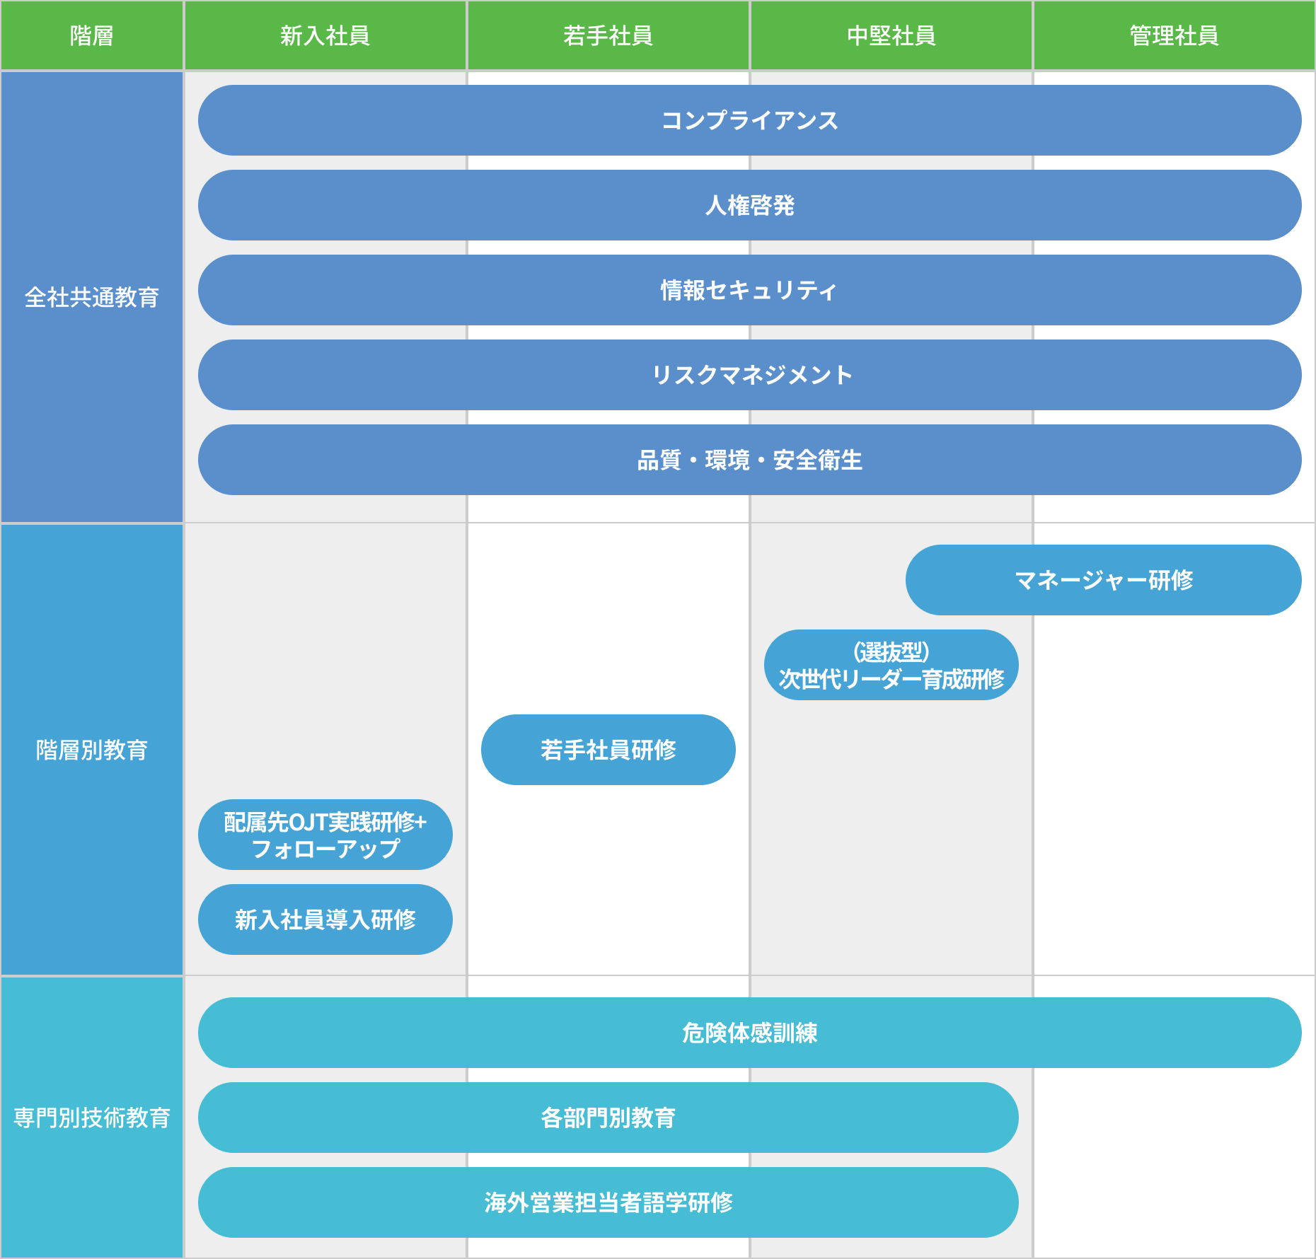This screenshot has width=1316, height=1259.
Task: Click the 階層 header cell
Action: [x=92, y=35]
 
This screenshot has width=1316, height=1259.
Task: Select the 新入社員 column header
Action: [x=325, y=35]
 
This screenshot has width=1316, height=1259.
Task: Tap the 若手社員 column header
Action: [x=608, y=35]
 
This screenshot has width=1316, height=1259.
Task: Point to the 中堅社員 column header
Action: [x=891, y=35]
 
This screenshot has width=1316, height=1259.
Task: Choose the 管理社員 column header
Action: [x=1174, y=35]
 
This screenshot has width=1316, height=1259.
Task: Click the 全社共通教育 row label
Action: [x=92, y=297]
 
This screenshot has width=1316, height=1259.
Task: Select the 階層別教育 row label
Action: [x=92, y=750]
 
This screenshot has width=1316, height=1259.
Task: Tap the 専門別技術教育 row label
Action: [x=92, y=1118]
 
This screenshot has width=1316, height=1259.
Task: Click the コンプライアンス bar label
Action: [x=749, y=120]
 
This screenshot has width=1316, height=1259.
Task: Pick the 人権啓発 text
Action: [x=749, y=205]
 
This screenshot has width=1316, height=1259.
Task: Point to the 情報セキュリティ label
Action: [x=749, y=290]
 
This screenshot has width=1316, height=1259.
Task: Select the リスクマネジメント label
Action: [x=751, y=375]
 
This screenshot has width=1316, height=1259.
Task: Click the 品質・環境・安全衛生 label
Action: [x=749, y=460]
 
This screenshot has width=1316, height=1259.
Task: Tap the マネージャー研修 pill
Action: [x=1103, y=580]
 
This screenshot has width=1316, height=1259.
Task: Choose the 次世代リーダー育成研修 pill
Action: [x=891, y=666]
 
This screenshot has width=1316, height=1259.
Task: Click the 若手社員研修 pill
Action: [x=608, y=750]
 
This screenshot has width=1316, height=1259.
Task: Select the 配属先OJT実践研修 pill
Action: [x=325, y=835]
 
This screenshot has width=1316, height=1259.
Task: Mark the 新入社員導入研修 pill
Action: [x=325, y=919]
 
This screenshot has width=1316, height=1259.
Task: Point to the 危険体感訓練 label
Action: [x=749, y=1033]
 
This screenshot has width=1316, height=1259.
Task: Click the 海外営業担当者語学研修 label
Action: [x=608, y=1202]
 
